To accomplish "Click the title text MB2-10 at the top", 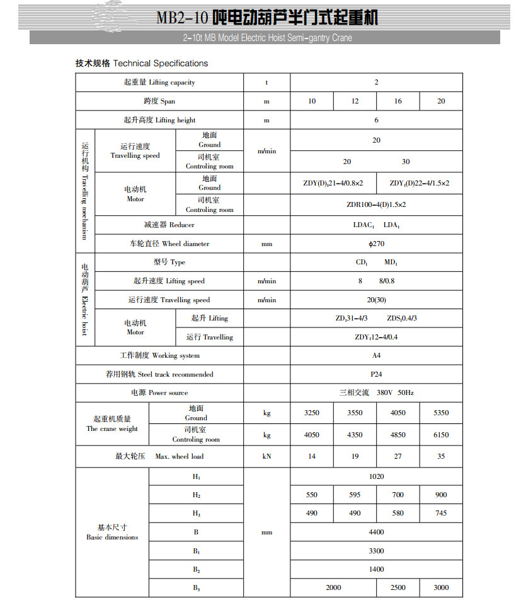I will pyautogui.click(x=182, y=17).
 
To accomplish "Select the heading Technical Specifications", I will pyautogui.click(x=161, y=63).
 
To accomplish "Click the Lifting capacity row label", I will pyautogui.click(x=159, y=83).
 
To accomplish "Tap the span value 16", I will pyautogui.click(x=398, y=102).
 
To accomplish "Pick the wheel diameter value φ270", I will pyautogui.click(x=376, y=244).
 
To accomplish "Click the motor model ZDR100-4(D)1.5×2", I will pyautogui.click(x=376, y=204).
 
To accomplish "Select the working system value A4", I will pyautogui.click(x=376, y=355).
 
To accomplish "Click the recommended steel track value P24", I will pyautogui.click(x=376, y=374).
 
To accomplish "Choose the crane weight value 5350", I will pyautogui.click(x=441, y=413).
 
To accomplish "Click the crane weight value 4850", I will pyautogui.click(x=398, y=435).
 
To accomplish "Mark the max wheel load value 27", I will pyautogui.click(x=398, y=456).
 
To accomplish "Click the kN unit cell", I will pyautogui.click(x=266, y=456).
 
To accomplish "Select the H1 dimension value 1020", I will pyautogui.click(x=376, y=476).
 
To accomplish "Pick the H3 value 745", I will pyautogui.click(x=441, y=513).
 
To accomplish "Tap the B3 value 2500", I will pyautogui.click(x=398, y=587).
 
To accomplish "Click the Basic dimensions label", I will pyautogui.click(x=112, y=533).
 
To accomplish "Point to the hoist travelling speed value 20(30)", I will pyautogui.click(x=376, y=300).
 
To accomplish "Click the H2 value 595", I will pyautogui.click(x=355, y=495).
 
